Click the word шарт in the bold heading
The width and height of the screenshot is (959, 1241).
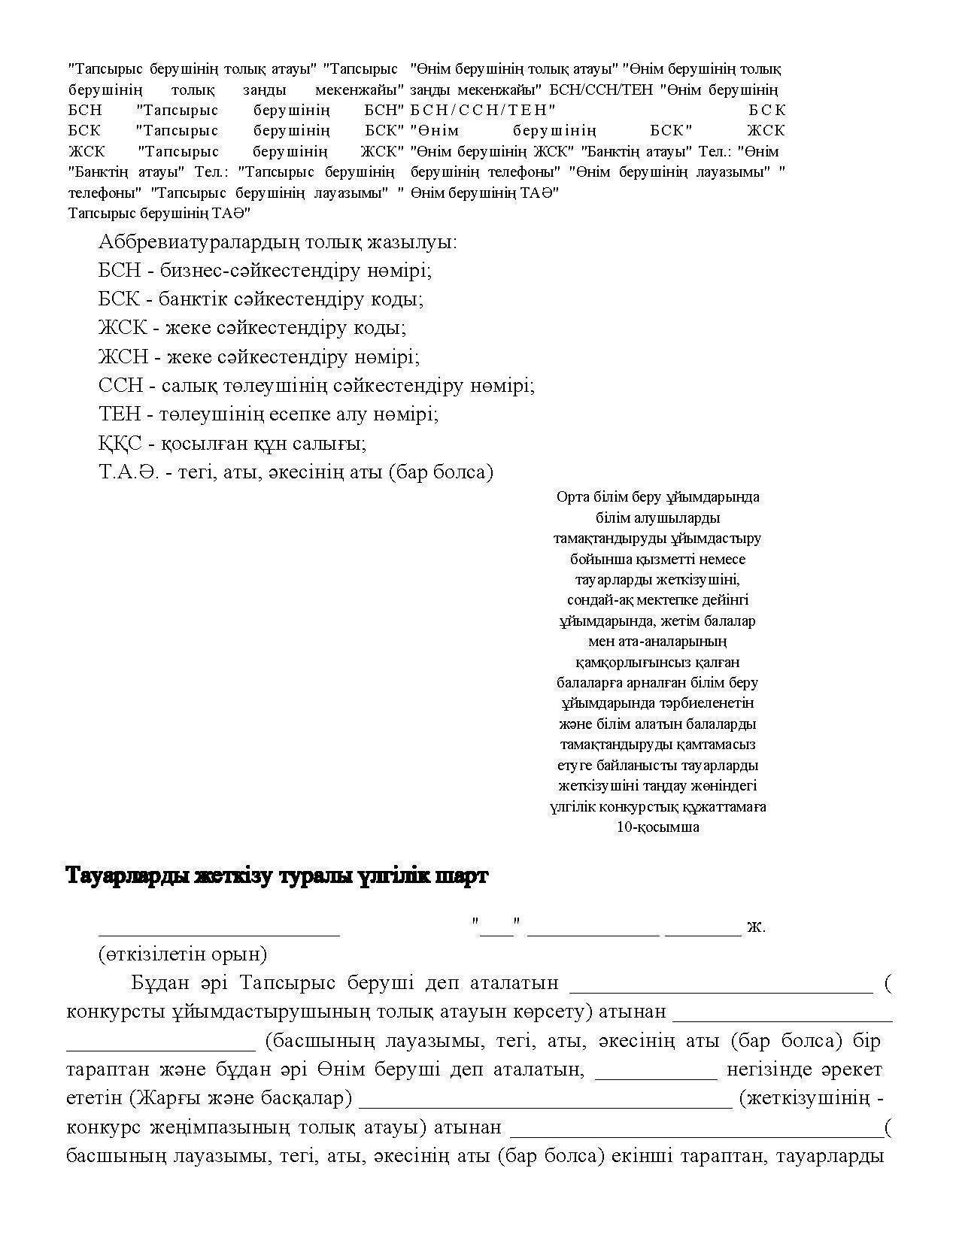click(460, 877)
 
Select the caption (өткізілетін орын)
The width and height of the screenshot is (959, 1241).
click(183, 955)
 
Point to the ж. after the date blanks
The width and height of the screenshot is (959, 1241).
click(756, 927)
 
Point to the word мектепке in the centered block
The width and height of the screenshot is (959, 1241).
click(656, 600)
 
